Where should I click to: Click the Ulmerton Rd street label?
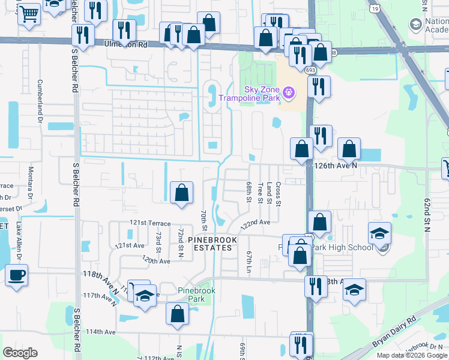(125, 44)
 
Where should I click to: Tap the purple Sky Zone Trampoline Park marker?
(289, 92)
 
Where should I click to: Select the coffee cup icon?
(17, 275)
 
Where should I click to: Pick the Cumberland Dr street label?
(41, 98)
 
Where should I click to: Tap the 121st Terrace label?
(149, 223)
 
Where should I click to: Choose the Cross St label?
(279, 193)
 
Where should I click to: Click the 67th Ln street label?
(248, 262)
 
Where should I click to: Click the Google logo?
(20, 353)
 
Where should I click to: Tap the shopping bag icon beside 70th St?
(181, 193)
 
